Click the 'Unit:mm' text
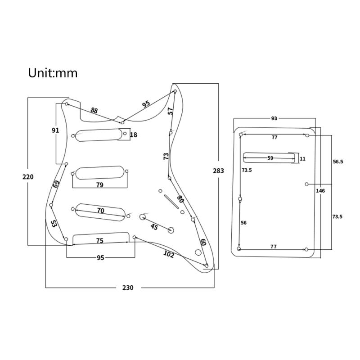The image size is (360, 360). pos(53,73)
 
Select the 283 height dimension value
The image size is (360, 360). pos(218,171)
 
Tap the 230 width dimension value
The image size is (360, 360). pos(128,288)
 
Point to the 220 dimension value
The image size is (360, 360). pos(28,177)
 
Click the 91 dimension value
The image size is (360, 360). pos(55,130)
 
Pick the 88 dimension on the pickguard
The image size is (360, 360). pos(94,110)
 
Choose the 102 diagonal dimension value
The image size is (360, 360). pos(168,254)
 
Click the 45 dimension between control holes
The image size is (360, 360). pos(154,227)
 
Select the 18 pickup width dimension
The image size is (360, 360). pos(134,135)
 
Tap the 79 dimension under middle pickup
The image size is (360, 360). pos(99,185)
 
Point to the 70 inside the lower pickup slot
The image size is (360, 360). pos(100,211)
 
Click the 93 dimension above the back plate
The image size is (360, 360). pos(274,118)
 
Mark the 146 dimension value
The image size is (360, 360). pos(320,191)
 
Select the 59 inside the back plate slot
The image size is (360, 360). pos(270,158)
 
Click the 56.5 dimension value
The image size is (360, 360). pos(337,162)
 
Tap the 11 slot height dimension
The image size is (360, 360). pos(302,159)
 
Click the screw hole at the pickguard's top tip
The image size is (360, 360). pos(175,91)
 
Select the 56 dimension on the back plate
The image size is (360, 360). pos(243,222)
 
